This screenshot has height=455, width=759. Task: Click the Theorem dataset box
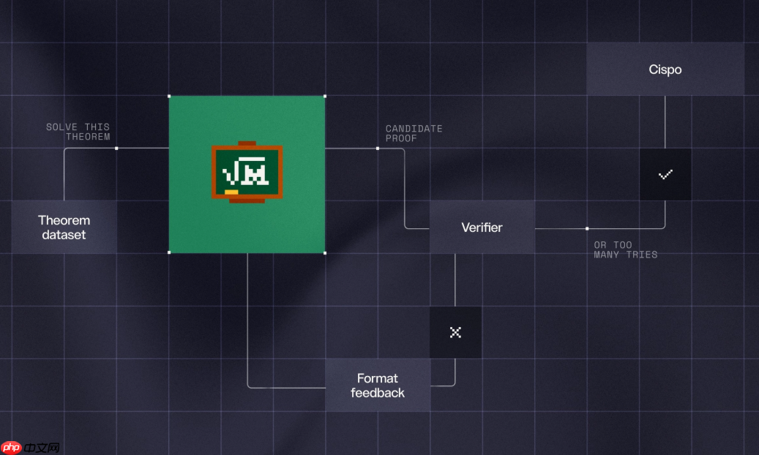pyautogui.click(x=64, y=227)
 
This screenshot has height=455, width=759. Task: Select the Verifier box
pyautogui.click(x=482, y=227)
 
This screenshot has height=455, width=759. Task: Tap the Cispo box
pyautogui.click(x=665, y=69)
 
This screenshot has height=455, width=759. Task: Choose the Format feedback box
pyautogui.click(x=378, y=386)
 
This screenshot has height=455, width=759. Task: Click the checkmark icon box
pyautogui.click(x=665, y=174)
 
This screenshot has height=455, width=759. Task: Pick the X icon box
pyautogui.click(x=455, y=333)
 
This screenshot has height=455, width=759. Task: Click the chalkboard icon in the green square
pyautogui.click(x=247, y=173)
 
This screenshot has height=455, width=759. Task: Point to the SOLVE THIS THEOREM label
pyautogui.click(x=78, y=132)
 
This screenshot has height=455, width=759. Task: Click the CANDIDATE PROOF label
pyautogui.click(x=414, y=134)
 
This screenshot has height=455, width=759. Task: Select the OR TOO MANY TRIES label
pyautogui.click(x=625, y=249)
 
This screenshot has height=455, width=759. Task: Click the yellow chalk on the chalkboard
pyautogui.click(x=231, y=192)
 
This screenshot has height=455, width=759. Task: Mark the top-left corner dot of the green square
pyautogui.click(x=169, y=97)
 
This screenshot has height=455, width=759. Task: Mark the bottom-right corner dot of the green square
pyautogui.click(x=325, y=252)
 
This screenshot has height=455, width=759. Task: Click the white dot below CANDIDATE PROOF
pyautogui.click(x=378, y=148)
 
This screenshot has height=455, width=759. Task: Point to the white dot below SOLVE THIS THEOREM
pyautogui.click(x=116, y=148)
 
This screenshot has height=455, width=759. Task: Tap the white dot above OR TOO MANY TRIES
pyautogui.click(x=587, y=228)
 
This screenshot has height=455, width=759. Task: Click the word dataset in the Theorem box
pyautogui.click(x=64, y=235)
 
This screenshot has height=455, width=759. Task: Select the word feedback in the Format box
pyautogui.click(x=378, y=393)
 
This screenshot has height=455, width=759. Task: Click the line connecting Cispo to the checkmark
pyautogui.click(x=665, y=122)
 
